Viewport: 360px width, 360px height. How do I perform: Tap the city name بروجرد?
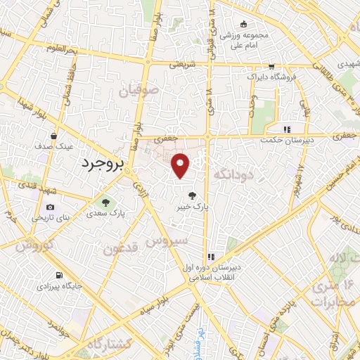click(98, 164)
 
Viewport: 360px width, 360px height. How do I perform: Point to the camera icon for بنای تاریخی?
click(50, 207)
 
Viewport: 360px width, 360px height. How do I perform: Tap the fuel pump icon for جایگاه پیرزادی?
click(58, 275)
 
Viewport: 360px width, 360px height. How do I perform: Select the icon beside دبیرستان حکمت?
click(285, 129)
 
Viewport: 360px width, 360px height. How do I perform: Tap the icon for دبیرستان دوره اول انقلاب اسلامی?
click(210, 257)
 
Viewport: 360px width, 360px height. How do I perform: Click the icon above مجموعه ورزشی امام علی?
click(243, 23)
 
